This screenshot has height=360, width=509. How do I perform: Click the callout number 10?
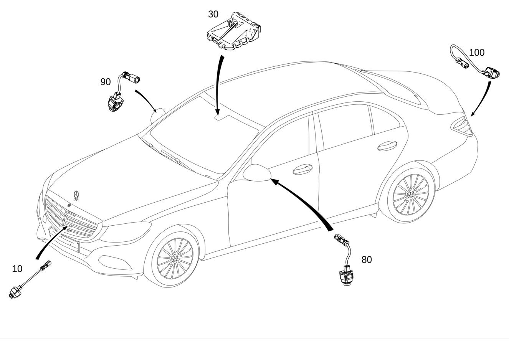[x=17, y=269]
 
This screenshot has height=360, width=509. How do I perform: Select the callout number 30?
[x=213, y=14]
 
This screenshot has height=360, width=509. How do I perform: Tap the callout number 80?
[x=367, y=260]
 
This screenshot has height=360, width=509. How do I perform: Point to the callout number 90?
[x=106, y=82]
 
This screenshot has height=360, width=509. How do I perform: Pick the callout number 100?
[x=476, y=53]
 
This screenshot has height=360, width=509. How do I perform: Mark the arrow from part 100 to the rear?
[x=483, y=98]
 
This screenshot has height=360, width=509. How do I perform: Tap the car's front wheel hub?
[x=175, y=258]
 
